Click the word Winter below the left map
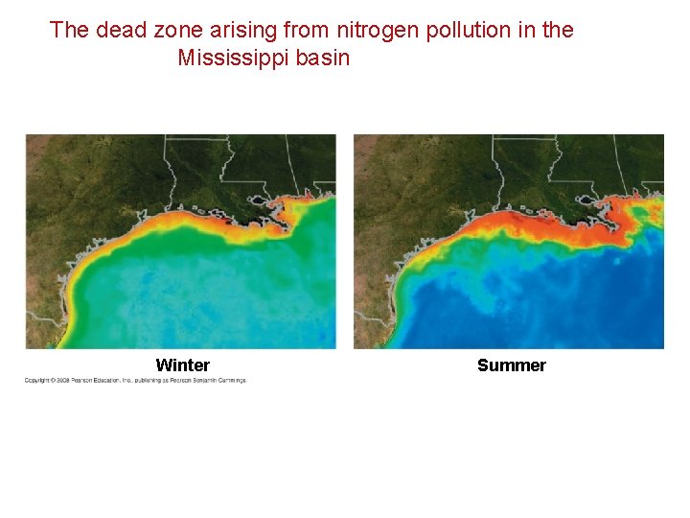pos(182,365)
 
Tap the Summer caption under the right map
pos(511,365)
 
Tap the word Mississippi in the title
pos(237,59)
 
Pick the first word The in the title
pos(69,30)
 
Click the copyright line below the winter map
pos(135,381)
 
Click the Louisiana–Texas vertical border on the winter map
pos(166,173)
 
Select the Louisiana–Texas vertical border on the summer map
pos(495,173)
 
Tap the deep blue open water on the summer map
pos(575,307)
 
